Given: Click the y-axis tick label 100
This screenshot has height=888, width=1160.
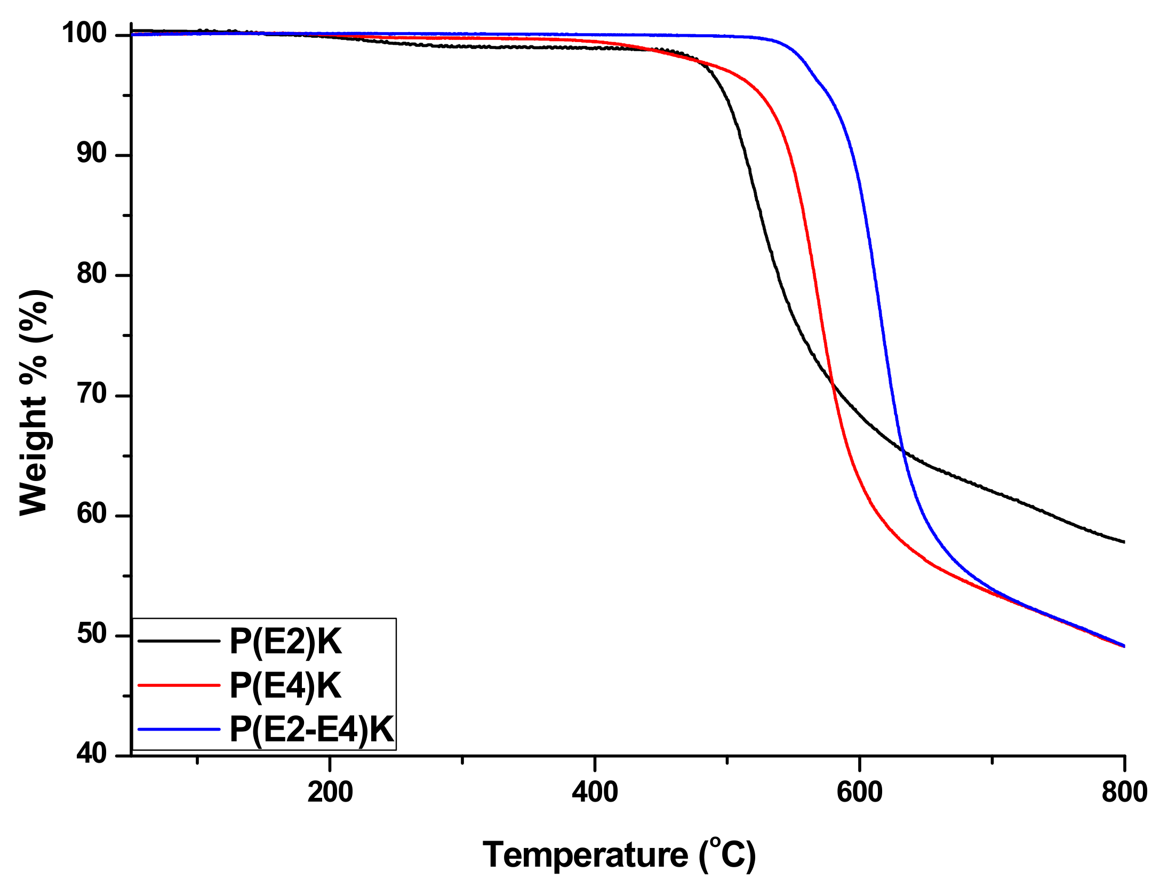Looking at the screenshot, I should click(x=84, y=33).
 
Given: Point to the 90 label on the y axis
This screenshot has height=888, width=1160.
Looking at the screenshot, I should click(x=92, y=154).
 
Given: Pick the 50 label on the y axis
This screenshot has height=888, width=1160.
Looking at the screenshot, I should click(x=92, y=635).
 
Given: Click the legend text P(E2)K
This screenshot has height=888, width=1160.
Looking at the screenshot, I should click(x=285, y=641).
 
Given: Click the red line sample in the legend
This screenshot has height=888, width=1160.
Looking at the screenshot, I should click(x=179, y=685).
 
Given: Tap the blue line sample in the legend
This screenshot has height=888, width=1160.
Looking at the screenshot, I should click(x=179, y=729).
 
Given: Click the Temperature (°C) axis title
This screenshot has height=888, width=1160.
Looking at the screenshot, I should click(x=619, y=855).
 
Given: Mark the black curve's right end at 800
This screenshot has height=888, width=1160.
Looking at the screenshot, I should click(x=1123, y=542).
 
